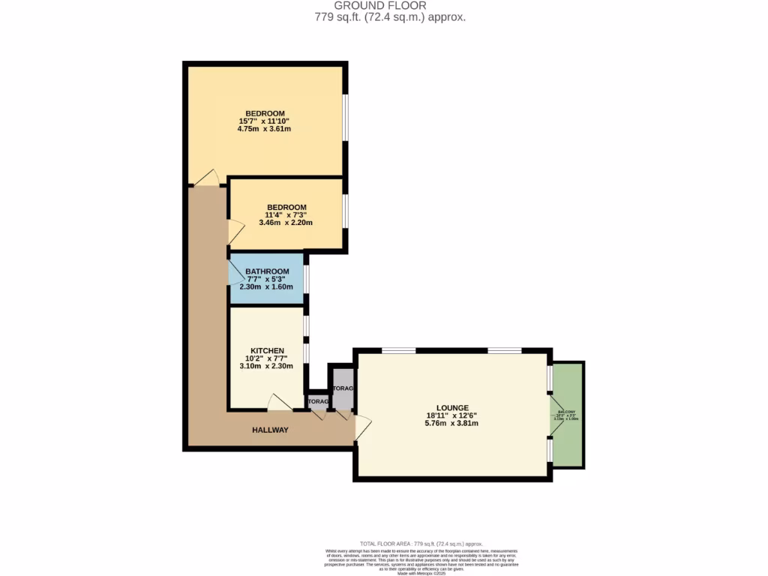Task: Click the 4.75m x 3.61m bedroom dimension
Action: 263,129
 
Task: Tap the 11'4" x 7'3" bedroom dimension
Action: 286,214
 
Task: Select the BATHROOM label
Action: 266,271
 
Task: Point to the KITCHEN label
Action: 266,350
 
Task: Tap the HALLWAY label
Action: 269,430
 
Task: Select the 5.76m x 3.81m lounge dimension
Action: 451,423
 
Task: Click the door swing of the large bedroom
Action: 206,178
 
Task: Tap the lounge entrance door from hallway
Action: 362,427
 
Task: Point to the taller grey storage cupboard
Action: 343,388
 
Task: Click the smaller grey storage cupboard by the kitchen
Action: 318,402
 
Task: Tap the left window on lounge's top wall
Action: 398,350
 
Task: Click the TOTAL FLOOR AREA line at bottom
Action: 421,543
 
